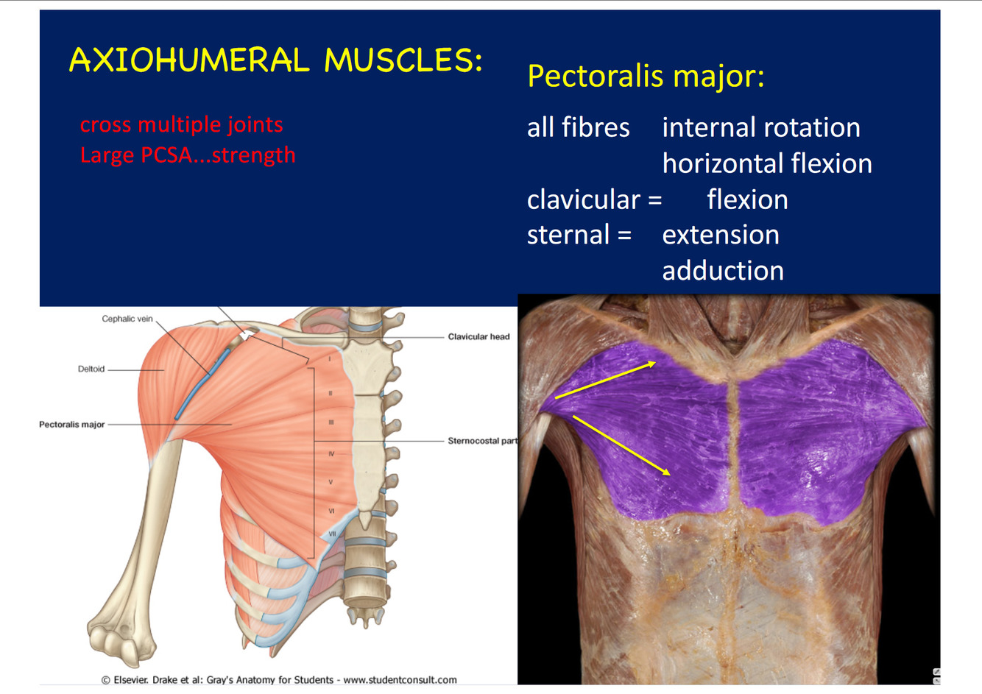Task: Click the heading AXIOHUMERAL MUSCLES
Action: pyautogui.click(x=275, y=60)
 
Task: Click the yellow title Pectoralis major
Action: pyautogui.click(x=646, y=76)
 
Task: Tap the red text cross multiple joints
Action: pyautogui.click(x=181, y=124)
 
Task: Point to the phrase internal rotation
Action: pyautogui.click(x=760, y=128)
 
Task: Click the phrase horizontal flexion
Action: pyautogui.click(x=766, y=163)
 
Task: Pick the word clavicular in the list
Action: pyautogui.click(x=584, y=199)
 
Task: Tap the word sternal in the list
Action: pyautogui.click(x=568, y=235)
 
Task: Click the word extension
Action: pyautogui.click(x=720, y=235)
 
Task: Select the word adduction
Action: pyautogui.click(x=722, y=271)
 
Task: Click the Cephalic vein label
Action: pyautogui.click(x=127, y=319)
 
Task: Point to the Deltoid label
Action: pyautogui.click(x=91, y=369)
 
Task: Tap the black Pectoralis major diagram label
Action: pyautogui.click(x=72, y=425)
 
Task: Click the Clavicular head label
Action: pyautogui.click(x=478, y=336)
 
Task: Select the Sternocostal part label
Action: pyautogui.click(x=482, y=441)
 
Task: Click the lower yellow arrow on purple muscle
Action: pyautogui.click(x=621, y=445)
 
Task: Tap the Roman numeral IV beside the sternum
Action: pyautogui.click(x=331, y=454)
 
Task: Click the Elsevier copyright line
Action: pyautogui.click(x=279, y=680)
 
